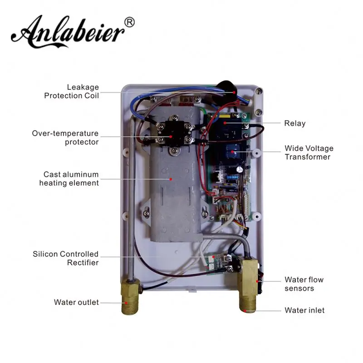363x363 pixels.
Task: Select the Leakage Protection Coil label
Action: (x=71, y=91)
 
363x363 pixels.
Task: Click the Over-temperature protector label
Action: (x=65, y=137)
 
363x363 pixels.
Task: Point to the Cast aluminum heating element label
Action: (x=69, y=178)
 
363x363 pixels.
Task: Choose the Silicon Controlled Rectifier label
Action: (x=65, y=258)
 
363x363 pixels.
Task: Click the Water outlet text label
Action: (x=76, y=302)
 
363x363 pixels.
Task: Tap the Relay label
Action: (x=294, y=123)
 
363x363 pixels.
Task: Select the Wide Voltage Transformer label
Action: (x=309, y=152)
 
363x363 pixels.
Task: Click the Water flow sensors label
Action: (x=304, y=284)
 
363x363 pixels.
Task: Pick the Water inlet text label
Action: (x=304, y=310)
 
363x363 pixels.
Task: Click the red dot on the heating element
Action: (x=171, y=179)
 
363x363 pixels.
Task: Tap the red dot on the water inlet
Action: (x=245, y=311)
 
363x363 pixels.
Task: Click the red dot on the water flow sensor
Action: (x=259, y=281)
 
